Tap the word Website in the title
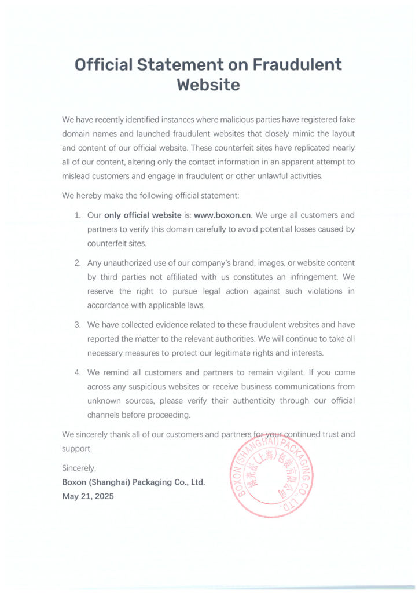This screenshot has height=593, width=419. pos(208,85)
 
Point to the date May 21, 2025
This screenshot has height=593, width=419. pos(88,496)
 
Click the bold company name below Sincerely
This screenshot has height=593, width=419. pos(134,482)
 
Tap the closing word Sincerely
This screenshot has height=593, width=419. pos(79,467)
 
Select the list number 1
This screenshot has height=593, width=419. pos(78,215)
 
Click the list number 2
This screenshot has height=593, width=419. pos(78,263)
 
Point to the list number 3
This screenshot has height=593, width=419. pos(78,324)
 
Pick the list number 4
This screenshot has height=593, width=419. pos(78,372)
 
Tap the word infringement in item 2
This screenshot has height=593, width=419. pos(310,277)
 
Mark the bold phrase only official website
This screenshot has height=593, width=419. pos(143,215)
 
